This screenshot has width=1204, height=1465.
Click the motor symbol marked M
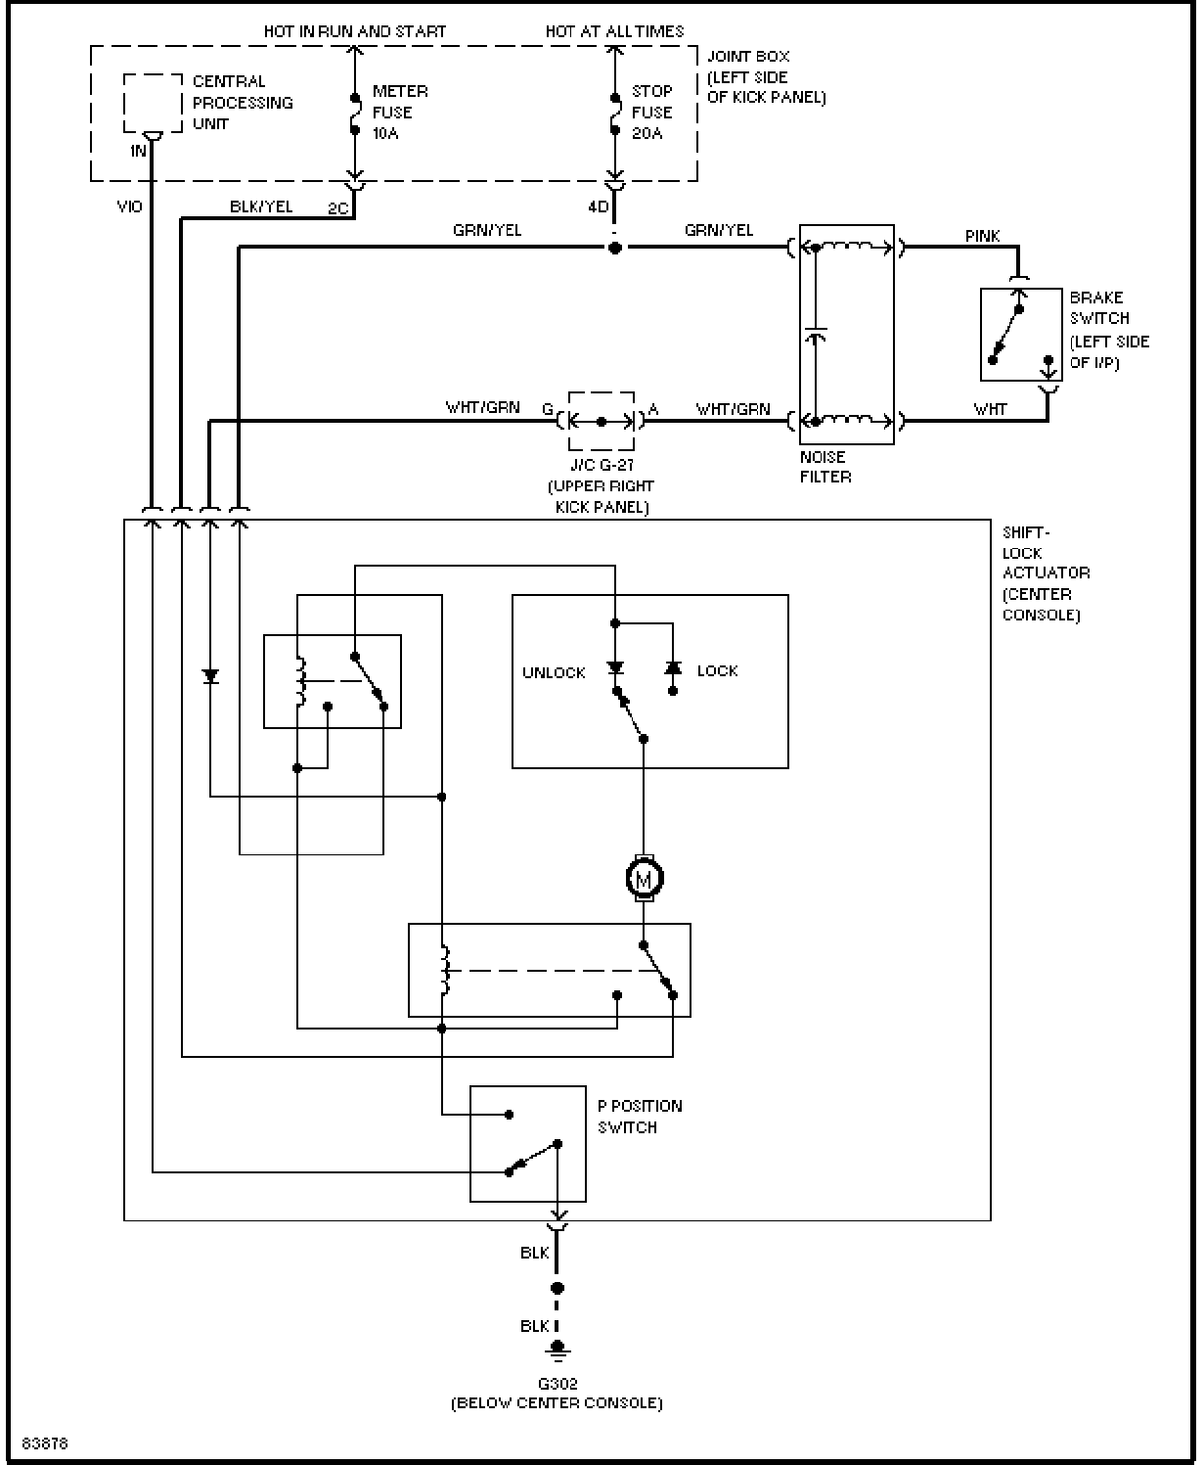tap(644, 879)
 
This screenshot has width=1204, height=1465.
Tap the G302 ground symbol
tap(557, 1350)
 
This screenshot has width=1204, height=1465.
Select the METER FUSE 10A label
tap(400, 112)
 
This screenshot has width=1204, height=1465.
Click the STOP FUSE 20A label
tap(651, 112)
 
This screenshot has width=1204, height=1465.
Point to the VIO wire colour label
tap(129, 206)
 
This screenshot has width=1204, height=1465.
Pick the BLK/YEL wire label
tap(261, 206)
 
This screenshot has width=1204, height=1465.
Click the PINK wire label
tap(982, 236)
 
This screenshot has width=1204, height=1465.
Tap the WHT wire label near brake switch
tap(990, 409)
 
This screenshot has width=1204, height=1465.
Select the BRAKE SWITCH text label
tap(1099, 307)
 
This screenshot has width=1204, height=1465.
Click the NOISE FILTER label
tap(825, 467)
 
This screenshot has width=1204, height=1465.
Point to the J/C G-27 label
tap(602, 465)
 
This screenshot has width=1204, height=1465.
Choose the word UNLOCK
tap(554, 672)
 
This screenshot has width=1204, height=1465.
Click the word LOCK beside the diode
tap(717, 670)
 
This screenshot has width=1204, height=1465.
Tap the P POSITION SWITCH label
tap(640, 1117)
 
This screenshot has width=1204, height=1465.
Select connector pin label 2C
tap(338, 208)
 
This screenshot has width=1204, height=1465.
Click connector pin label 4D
tap(598, 207)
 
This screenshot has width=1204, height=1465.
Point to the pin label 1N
tap(138, 151)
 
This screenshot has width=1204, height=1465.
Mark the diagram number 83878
tap(45, 1443)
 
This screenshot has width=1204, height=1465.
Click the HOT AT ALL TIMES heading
tap(614, 31)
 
